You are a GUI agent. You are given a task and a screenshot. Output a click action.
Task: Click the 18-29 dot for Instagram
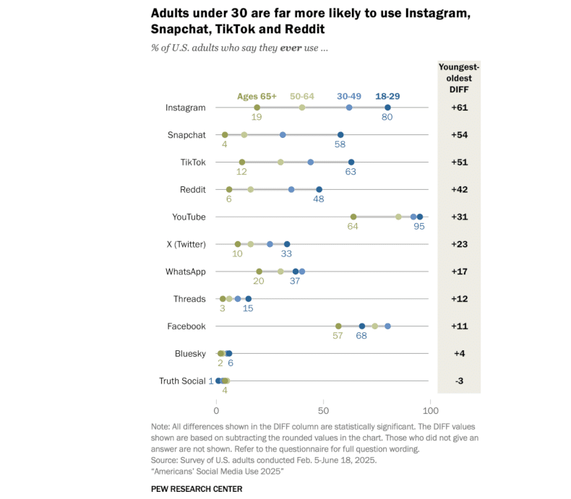[387, 108]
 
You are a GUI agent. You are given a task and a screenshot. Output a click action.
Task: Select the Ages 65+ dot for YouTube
[353, 217]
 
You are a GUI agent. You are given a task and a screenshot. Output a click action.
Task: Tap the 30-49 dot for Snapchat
[283, 135]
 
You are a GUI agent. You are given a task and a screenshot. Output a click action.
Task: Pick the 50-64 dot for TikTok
[280, 162]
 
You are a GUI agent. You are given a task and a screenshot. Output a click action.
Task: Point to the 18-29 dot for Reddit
[319, 190]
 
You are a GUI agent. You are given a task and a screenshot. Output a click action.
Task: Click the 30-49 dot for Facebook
[387, 326]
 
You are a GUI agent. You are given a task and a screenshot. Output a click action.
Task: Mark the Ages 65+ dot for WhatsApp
[259, 272]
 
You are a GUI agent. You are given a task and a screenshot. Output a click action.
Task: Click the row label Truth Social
[182, 381]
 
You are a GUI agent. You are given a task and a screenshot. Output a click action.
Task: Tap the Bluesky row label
[190, 354]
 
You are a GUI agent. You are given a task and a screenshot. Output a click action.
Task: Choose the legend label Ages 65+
[257, 96]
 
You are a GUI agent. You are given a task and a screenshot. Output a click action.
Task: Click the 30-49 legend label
[349, 96]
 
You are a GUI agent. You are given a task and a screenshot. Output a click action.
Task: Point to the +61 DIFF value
[459, 108]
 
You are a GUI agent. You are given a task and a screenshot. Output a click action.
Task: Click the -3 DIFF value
[459, 381]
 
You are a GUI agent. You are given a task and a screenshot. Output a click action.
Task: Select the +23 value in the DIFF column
[459, 244]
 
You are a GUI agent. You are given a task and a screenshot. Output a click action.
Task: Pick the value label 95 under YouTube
[418, 227]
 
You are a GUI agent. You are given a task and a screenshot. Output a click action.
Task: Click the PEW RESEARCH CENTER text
[197, 489]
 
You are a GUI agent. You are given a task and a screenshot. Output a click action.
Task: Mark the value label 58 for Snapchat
[340, 145]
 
